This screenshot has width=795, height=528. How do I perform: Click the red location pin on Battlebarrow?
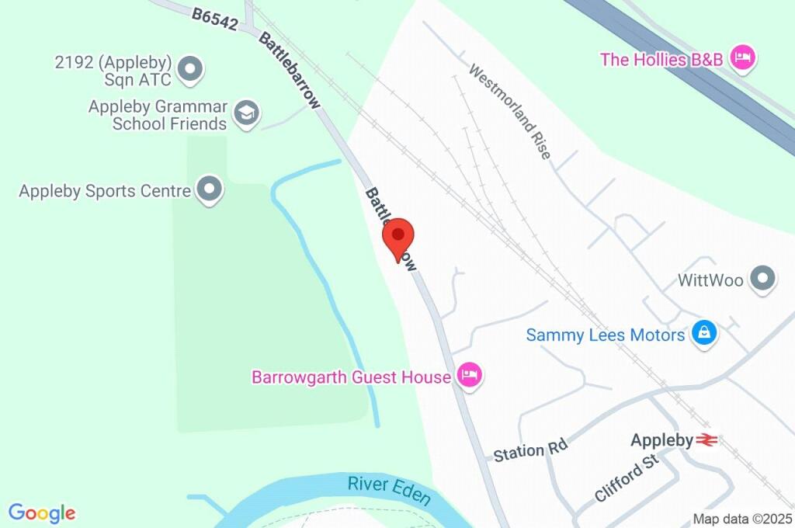coord(398,236)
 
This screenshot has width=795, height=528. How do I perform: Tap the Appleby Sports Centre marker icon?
coord(209,189)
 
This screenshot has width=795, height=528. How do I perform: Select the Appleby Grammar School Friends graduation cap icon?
coord(246,113)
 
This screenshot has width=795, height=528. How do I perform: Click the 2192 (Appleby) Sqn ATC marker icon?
coord(189,69)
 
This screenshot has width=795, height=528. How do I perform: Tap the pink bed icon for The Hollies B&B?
coord(743,57)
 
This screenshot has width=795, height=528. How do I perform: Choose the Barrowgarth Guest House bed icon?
coord(470,376)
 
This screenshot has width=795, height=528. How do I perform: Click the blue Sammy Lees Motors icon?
coord(704,334)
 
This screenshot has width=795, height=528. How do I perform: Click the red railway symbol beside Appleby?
coord(706,440)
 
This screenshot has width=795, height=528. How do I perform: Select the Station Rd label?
coord(531,450)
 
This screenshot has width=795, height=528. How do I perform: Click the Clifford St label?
coord(626,478)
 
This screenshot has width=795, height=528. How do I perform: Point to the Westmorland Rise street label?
coord(510,111)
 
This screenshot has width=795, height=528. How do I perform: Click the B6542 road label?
coord(214,19)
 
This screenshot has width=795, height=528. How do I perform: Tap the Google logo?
coord(42,512)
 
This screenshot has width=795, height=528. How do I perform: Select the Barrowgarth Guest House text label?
coord(351,377)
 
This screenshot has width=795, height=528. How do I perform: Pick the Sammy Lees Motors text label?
coord(606,335)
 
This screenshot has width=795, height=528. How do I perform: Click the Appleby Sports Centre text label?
coord(105,190)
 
